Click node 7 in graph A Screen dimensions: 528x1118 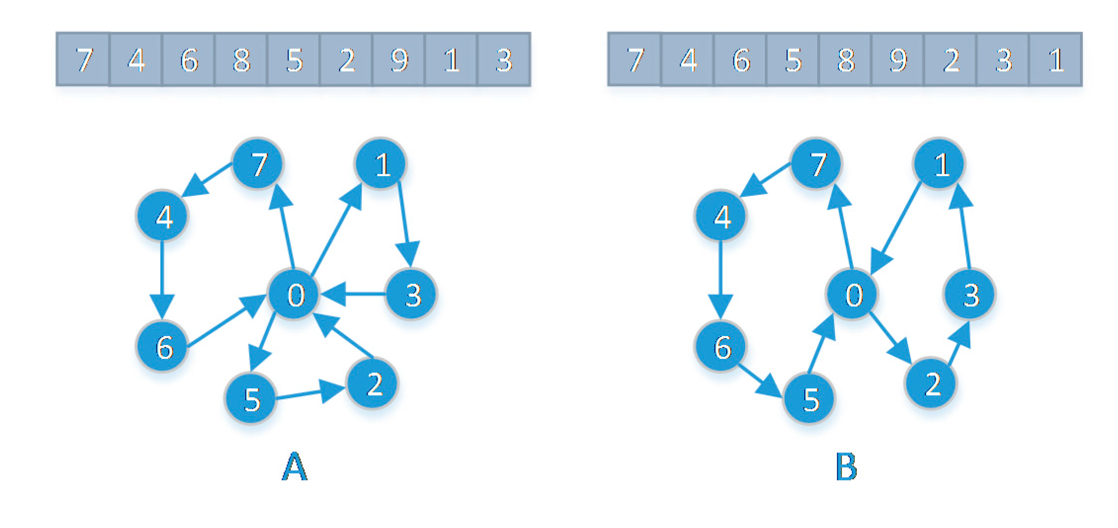(258, 163)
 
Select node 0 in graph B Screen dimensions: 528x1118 (852, 295)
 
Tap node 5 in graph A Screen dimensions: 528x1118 (251, 399)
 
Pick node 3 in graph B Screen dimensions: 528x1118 (970, 295)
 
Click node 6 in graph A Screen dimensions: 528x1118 (162, 346)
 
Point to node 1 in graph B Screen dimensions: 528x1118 (939, 163)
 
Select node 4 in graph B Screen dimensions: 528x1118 (721, 216)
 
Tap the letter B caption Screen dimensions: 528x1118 (846, 466)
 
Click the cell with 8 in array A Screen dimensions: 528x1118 (241, 60)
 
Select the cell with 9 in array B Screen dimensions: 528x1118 (898, 60)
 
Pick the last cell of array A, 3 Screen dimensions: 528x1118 (504, 60)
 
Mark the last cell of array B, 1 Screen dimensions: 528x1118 (1055, 60)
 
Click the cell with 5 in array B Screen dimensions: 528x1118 (793, 60)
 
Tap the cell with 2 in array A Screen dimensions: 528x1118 (346, 60)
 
